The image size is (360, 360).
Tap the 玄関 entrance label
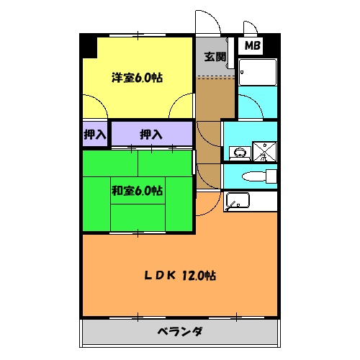[215, 57]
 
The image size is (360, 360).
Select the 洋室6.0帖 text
[136, 78]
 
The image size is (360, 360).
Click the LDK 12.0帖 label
[179, 276]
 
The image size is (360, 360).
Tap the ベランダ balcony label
[179, 332]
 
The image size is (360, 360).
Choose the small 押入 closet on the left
[94, 134]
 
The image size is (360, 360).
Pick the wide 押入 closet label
[150, 134]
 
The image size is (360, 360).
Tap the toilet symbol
[255, 176]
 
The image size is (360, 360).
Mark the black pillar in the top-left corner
[89, 46]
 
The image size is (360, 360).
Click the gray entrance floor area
[215, 61]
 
